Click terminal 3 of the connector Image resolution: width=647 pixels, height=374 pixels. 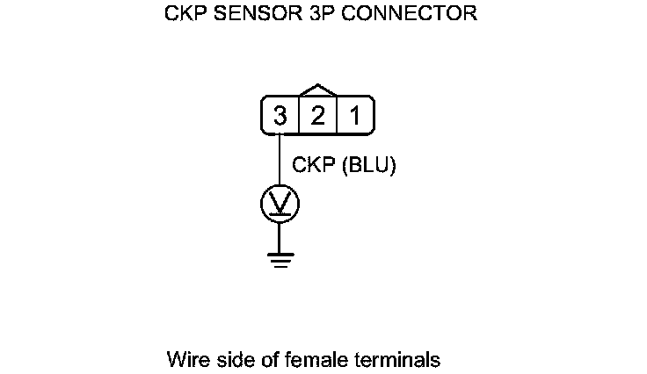coord(280,116)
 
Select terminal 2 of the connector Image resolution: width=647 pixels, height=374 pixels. coord(317,116)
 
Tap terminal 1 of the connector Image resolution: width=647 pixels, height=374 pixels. coord(354,116)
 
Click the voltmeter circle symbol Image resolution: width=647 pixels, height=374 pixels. coord(280,205)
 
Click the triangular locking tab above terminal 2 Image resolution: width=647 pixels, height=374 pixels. coord(317,90)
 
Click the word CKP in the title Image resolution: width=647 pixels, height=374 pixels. coord(184,15)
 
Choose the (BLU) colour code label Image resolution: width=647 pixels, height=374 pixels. coord(367,166)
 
